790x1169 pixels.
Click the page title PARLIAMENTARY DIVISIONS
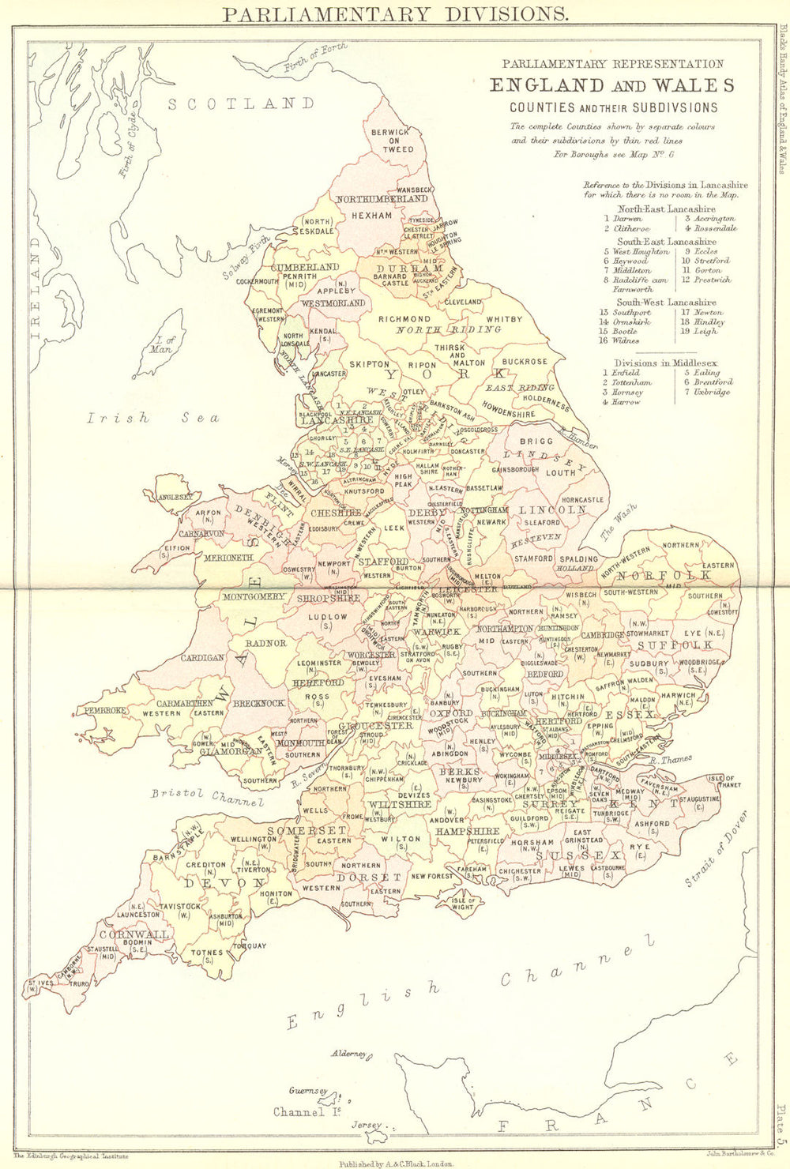point(395,13)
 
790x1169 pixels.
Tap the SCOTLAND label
point(241,103)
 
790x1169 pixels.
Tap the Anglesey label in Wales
point(175,497)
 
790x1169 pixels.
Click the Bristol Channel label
point(207,797)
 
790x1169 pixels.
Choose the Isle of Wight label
point(463,901)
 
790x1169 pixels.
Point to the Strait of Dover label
point(716,859)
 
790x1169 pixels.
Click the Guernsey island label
point(308,1091)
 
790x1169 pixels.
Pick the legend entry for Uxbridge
point(713,392)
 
